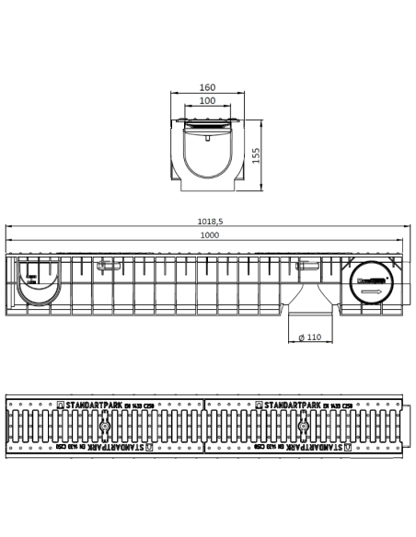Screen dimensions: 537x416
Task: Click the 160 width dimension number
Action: pos(207,88)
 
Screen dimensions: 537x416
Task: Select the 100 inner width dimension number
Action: pos(207,100)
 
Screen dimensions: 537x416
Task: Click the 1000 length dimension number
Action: pos(209,236)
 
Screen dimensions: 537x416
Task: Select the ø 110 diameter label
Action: pos(308,338)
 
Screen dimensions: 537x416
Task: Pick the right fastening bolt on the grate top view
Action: pos(303,428)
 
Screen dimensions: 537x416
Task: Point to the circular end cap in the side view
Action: pos(371,285)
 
